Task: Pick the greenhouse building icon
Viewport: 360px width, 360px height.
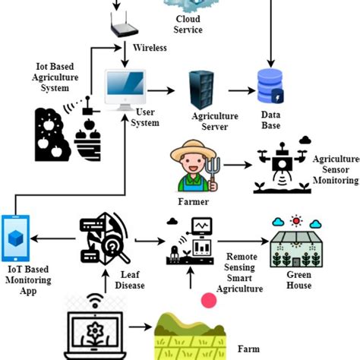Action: click(296, 246)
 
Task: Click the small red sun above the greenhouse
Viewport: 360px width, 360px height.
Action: click(295, 220)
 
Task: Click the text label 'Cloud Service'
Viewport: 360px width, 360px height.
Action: click(188, 24)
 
